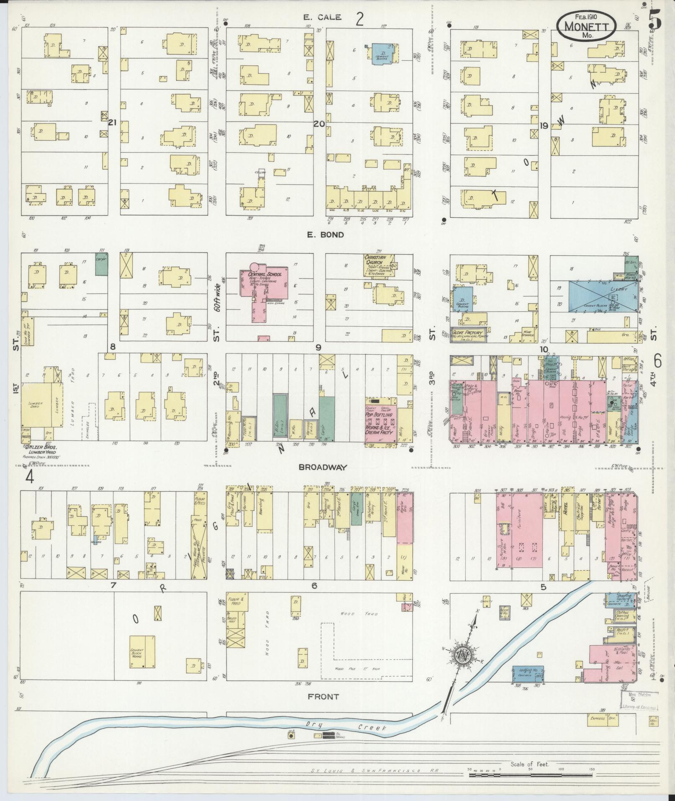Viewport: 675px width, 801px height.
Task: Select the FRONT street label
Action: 323,697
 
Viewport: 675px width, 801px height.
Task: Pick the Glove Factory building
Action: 467,335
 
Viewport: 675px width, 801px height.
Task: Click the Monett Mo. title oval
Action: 586,25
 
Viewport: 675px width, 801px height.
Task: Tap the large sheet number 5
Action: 655,20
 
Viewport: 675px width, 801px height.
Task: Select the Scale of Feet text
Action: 529,764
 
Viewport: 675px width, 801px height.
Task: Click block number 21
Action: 112,123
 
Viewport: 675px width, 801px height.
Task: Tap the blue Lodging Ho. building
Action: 528,675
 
